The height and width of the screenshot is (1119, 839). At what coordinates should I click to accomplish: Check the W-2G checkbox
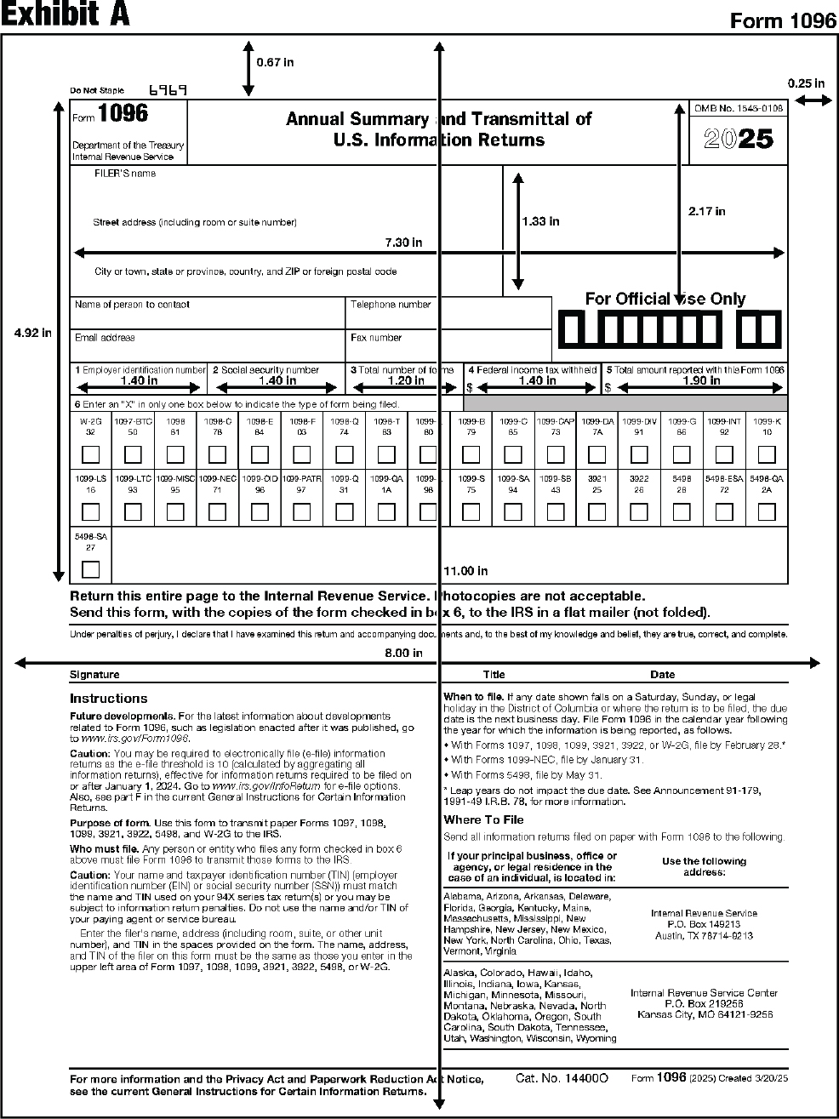(x=90, y=454)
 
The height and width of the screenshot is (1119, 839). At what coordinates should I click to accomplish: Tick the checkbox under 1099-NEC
(x=217, y=512)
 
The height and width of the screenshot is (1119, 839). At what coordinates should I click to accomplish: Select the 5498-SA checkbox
(x=90, y=569)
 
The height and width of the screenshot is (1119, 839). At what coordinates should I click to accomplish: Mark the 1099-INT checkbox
(x=724, y=454)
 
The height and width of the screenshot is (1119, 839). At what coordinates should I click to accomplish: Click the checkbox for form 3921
(x=597, y=512)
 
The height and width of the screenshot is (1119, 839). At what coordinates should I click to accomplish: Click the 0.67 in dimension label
(x=275, y=62)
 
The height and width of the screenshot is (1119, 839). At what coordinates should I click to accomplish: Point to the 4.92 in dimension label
(x=32, y=333)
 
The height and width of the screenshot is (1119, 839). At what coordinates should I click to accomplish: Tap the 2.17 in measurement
(x=706, y=211)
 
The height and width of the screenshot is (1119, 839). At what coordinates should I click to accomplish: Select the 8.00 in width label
(x=403, y=653)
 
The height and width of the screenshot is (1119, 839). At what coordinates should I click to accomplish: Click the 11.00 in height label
(x=466, y=571)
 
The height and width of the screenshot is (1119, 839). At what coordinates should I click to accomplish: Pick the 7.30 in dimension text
(x=403, y=243)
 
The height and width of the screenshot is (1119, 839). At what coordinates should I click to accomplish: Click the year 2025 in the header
(x=739, y=139)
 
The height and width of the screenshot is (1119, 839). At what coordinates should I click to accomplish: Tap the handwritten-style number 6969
(x=168, y=89)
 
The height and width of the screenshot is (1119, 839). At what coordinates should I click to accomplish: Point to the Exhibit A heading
(x=66, y=15)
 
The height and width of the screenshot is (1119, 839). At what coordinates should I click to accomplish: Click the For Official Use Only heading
(x=665, y=299)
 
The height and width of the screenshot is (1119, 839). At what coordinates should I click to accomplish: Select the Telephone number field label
(x=391, y=305)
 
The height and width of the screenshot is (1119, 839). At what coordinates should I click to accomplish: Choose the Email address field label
(x=105, y=338)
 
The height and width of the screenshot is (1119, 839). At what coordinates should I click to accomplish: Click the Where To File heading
(x=483, y=819)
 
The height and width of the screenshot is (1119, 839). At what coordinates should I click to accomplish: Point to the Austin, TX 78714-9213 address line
(x=704, y=935)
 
